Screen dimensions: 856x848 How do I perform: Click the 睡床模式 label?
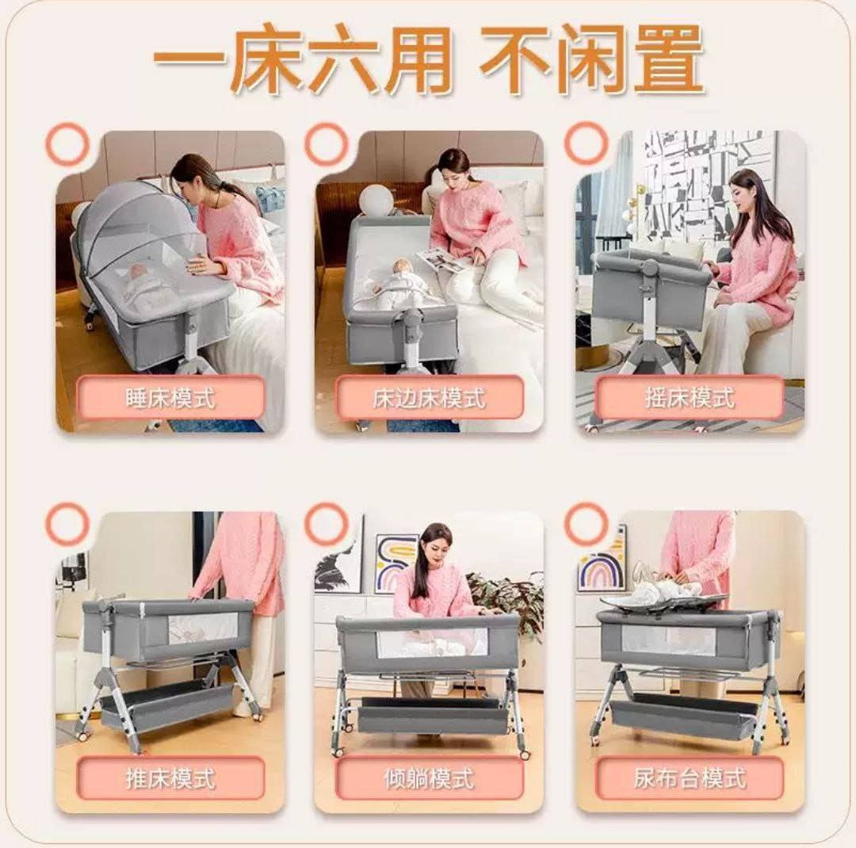click(170, 398)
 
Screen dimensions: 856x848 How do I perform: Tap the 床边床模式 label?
click(429, 398)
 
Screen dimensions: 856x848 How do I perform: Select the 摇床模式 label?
click(690, 398)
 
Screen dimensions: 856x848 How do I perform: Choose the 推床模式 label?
click(170, 777)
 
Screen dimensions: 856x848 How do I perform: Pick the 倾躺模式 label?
click(429, 777)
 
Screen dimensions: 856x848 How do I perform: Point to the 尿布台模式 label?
click(690, 777)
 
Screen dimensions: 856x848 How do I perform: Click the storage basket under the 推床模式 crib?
click(166, 705)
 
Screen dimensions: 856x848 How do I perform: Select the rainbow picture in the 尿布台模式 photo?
click(602, 563)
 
